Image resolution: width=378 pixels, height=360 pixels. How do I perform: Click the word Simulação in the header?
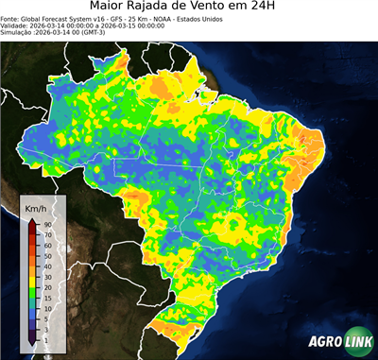pyautogui.click(x=18, y=32)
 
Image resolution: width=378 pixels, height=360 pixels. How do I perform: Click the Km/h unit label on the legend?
pyautogui.click(x=36, y=208)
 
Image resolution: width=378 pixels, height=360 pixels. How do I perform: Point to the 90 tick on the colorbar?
pyautogui.click(x=46, y=224)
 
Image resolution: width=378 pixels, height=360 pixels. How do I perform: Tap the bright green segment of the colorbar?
pyautogui.click(x=32, y=289)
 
